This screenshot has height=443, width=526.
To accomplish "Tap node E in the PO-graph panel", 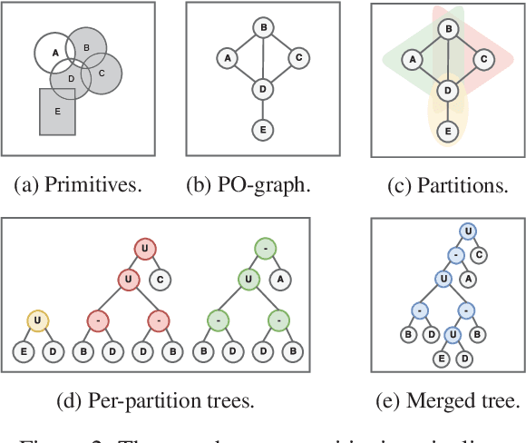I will pos(262,131).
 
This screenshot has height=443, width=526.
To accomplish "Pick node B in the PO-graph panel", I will pos(262,27).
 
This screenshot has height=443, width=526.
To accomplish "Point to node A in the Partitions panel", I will pos(413,59).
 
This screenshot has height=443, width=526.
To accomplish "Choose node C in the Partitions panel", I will pos(484,59).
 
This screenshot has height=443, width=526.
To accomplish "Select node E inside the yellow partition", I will pos(447,131).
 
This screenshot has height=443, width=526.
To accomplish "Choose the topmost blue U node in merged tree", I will pos(467,232).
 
